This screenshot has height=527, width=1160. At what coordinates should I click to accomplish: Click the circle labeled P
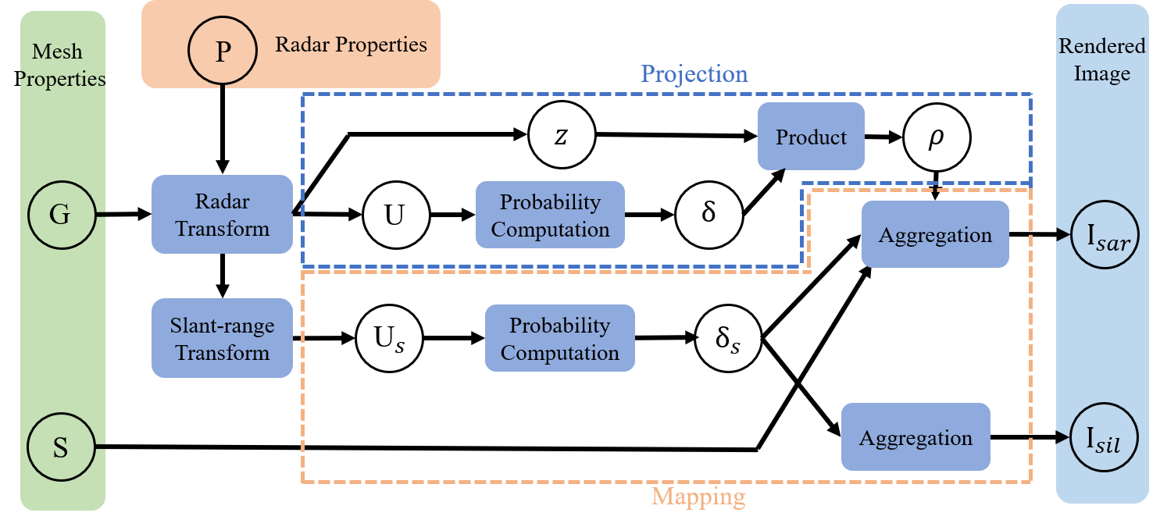(223, 52)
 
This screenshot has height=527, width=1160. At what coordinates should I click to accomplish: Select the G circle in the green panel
(60, 215)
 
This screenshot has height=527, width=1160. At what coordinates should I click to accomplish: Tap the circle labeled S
(60, 448)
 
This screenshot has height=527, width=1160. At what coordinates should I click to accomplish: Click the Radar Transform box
(222, 215)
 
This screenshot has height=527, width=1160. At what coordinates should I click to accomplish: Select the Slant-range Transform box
(222, 338)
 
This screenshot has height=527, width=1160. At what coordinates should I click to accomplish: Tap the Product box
(811, 137)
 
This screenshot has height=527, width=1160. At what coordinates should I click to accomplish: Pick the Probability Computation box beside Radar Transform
(550, 215)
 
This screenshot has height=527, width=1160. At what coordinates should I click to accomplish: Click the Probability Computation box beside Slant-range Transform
(559, 338)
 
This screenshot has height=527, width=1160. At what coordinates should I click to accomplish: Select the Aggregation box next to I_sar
(935, 235)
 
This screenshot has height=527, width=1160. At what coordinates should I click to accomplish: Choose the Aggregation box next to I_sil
(916, 437)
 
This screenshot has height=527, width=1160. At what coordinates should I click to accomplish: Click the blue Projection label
(694, 74)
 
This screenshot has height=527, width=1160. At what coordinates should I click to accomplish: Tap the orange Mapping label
(698, 497)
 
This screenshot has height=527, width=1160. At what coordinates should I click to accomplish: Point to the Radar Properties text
(351, 44)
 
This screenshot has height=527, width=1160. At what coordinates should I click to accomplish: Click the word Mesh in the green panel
(56, 52)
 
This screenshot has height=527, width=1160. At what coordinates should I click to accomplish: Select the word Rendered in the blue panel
(1101, 46)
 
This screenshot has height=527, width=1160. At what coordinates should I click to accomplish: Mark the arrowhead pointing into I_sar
(1062, 235)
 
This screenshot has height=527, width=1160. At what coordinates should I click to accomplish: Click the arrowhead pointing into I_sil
(1062, 437)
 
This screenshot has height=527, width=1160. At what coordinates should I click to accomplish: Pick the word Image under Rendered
(1101, 73)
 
